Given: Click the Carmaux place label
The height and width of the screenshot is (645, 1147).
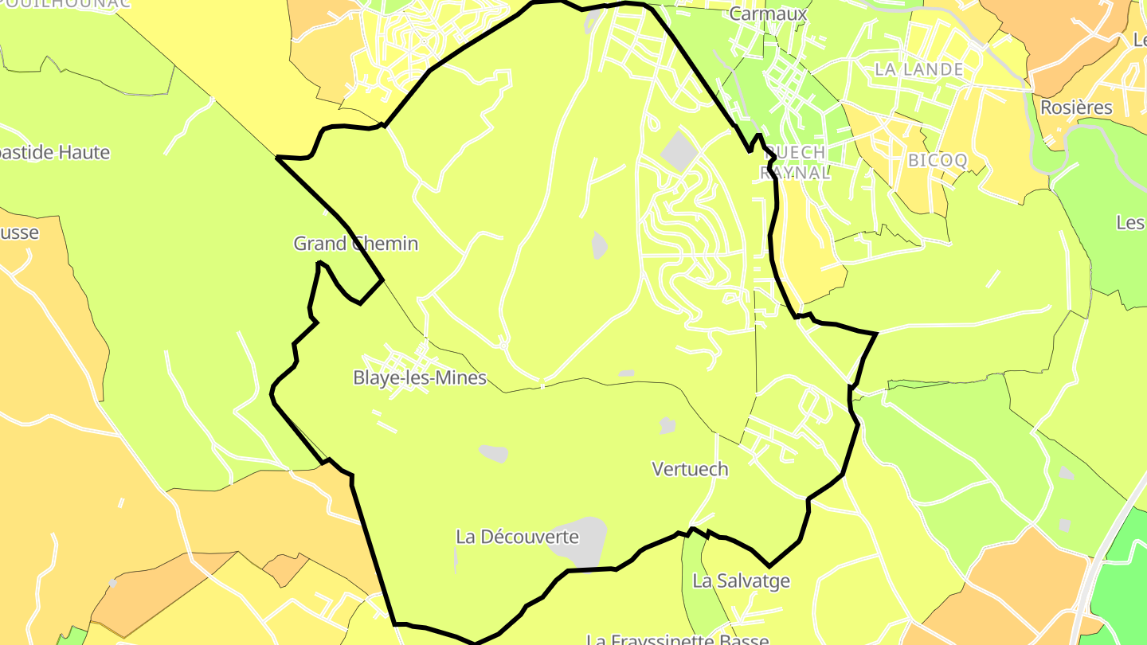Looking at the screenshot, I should coord(768,14).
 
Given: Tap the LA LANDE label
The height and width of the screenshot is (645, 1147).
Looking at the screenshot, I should coord(918,69).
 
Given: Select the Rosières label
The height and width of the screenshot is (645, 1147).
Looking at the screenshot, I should coord(1076,107).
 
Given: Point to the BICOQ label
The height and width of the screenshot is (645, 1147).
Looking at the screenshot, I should coord(938,160).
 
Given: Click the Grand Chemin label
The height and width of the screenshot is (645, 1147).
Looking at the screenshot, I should coord(355,244).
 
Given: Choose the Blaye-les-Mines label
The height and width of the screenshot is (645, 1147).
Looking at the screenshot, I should coord(420,378).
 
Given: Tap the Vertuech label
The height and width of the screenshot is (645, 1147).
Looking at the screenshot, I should coord(690,469).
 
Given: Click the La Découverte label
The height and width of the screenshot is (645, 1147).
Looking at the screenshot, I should coord(517,537).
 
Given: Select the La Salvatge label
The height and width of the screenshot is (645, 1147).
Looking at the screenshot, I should coord(741,580).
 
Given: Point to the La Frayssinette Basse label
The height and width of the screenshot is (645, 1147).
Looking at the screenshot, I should coord(677,639).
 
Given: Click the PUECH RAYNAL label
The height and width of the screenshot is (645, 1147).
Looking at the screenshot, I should coord(793,162).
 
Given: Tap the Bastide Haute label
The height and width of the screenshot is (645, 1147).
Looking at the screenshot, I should coord(54,153).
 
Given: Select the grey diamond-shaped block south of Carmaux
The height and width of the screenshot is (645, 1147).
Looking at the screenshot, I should coord(679,150).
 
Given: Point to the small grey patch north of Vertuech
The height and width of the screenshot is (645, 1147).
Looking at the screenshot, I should coord(667,426).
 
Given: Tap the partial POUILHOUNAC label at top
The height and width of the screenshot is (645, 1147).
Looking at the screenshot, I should coord(64,4).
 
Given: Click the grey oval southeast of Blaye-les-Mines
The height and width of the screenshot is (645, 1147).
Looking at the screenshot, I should coord(493,453).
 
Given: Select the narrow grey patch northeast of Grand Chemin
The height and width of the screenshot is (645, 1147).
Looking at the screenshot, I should coord(600,244).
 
